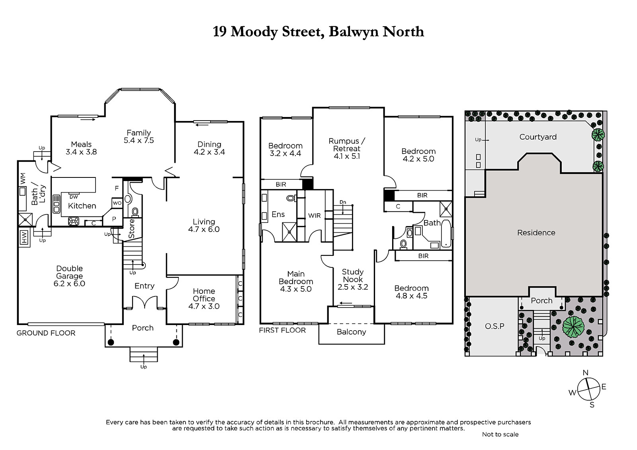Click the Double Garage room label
pyautogui.click(x=69, y=272)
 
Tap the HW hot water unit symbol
pyautogui.click(x=24, y=238)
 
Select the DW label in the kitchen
pyautogui.click(x=74, y=197)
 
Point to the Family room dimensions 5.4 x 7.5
pyautogui.click(x=139, y=140)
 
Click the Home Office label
pyautogui.click(x=204, y=295)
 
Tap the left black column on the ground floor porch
pyautogui.click(x=111, y=342)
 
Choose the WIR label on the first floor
pyautogui.click(x=314, y=216)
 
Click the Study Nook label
pyautogui.click(x=353, y=275)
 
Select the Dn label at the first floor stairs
pyautogui.click(x=343, y=202)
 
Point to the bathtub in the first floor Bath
pyautogui.click(x=446, y=234)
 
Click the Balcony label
pyautogui.click(x=352, y=332)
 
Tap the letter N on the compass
pyautogui.click(x=586, y=373)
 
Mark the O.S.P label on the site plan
pyautogui.click(x=494, y=326)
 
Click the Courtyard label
pyautogui.click(x=538, y=137)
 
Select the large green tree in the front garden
pyautogui.click(x=573, y=327)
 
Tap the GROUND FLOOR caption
pyautogui.click(x=46, y=333)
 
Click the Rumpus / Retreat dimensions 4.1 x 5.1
pyautogui.click(x=347, y=156)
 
